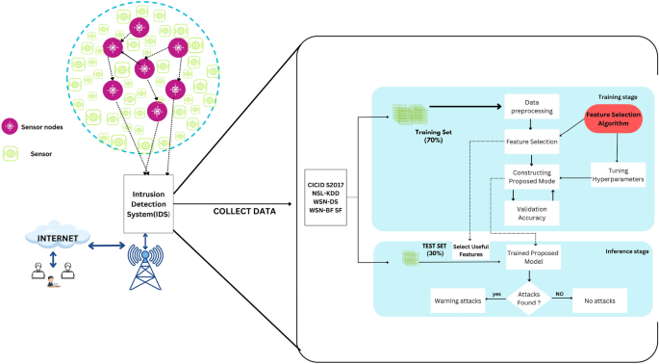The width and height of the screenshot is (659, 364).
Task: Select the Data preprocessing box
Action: click(x=531, y=107)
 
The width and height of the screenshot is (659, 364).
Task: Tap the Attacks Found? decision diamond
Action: click(x=531, y=300)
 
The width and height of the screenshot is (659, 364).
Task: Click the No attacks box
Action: click(x=599, y=301)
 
